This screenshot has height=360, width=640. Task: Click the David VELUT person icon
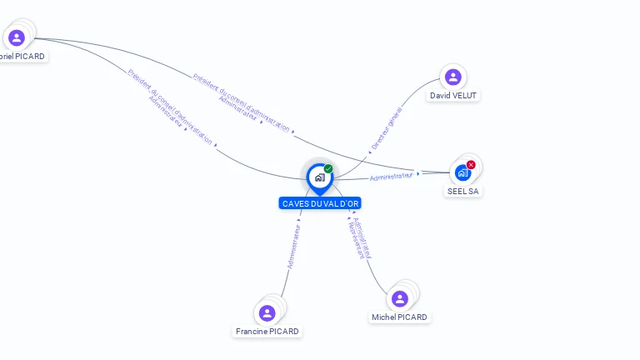[x=453, y=77]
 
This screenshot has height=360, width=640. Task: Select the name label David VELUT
[x=453, y=96]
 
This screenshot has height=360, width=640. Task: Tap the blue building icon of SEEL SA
[x=462, y=172]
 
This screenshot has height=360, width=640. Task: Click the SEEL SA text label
[x=463, y=191]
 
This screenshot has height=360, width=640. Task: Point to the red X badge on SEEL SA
[x=471, y=165]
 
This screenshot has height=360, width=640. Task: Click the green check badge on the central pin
[x=328, y=169]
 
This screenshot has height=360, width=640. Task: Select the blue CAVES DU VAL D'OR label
[x=320, y=203]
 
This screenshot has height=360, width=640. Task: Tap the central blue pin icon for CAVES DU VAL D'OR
[x=319, y=177]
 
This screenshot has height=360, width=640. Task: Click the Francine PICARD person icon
[x=267, y=312]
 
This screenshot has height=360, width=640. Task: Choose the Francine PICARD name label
[x=267, y=331]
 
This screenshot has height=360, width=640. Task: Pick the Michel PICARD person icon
[x=400, y=298]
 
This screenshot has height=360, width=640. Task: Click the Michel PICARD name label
[x=400, y=317]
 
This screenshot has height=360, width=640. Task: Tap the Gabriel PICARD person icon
[x=17, y=37]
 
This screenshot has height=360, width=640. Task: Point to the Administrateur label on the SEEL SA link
[x=391, y=176]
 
